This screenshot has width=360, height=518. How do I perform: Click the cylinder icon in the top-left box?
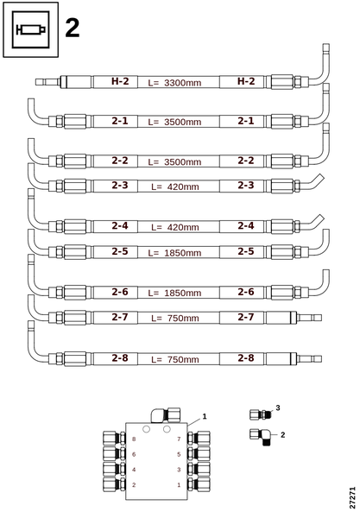point(30,29)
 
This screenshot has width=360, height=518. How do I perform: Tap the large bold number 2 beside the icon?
point(73,28)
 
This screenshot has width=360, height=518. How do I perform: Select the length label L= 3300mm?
point(174,83)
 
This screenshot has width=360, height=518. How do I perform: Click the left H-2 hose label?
point(120,81)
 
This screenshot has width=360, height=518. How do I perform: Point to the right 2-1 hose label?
point(246,121)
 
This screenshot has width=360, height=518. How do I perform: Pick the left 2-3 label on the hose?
point(120,186)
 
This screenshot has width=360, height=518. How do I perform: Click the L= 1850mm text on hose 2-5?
point(174,253)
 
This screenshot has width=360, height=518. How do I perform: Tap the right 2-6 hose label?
point(246,292)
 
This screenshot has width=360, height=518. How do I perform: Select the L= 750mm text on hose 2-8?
point(175,359)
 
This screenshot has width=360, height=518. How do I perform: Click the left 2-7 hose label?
point(120,317)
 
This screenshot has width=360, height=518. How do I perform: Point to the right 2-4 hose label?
point(246,226)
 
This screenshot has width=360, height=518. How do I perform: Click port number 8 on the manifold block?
point(134,439)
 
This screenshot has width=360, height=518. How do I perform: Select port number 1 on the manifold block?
point(179,485)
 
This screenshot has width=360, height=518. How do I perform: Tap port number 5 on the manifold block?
point(179,454)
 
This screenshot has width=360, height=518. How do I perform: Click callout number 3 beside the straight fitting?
point(278,408)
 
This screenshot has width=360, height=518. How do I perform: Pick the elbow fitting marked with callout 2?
point(260,437)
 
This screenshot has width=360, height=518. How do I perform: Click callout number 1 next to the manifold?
point(205,417)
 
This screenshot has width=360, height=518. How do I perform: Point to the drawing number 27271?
point(352,498)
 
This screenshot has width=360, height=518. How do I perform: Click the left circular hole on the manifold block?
point(146,429)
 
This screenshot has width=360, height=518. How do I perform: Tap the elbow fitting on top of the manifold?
point(166,415)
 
